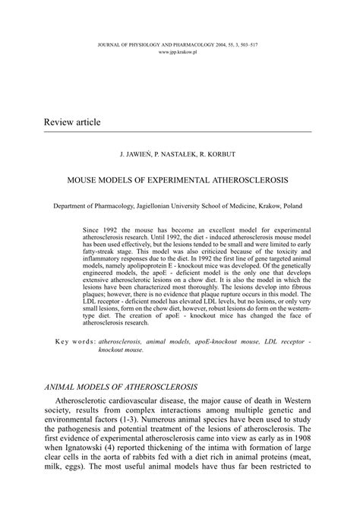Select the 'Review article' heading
tap(72, 122)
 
